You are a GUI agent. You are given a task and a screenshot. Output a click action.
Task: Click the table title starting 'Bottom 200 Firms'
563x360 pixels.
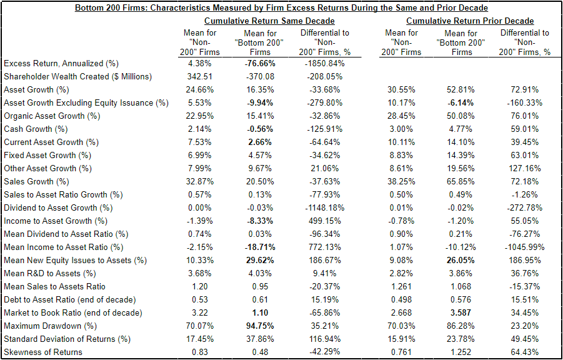coord(281,8)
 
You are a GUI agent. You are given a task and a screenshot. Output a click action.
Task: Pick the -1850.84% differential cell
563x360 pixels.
coord(324,63)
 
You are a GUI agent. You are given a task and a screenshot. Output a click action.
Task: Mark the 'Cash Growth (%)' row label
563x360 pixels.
coord(36,129)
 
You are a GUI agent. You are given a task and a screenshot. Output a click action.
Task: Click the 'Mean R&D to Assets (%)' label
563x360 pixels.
coord(49,273)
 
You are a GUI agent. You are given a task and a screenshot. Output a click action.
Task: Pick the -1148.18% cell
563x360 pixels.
coord(324,207)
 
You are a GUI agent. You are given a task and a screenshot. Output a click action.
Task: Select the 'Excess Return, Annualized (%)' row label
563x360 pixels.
coord(61,63)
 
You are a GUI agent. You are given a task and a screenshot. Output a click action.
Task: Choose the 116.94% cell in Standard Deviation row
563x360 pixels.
coord(324,339)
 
